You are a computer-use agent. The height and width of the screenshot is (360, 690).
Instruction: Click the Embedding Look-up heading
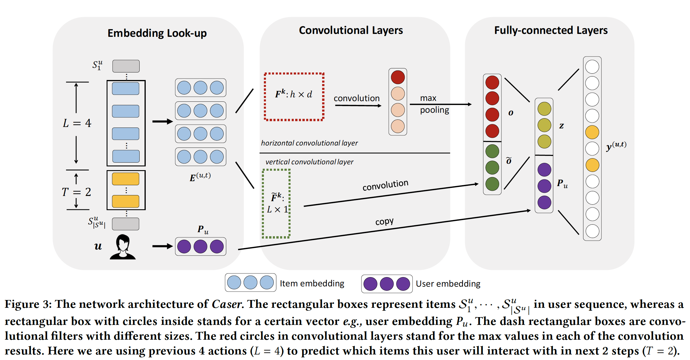click(157, 33)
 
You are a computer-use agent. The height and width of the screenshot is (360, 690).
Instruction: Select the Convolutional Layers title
click(351, 30)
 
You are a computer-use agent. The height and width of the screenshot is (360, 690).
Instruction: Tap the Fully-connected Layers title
click(551, 30)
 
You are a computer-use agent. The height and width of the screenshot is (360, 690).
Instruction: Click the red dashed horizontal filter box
click(294, 97)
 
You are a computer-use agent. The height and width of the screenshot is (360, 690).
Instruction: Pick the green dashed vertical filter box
click(276, 203)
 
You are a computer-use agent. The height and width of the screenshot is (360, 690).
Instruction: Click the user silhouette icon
click(123, 247)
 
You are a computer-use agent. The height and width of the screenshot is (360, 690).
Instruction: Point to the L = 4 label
click(77, 123)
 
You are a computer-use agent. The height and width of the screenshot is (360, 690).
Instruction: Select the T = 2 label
click(76, 192)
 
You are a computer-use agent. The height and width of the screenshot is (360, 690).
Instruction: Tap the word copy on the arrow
click(384, 221)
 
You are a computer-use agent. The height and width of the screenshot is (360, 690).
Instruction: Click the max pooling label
click(434, 104)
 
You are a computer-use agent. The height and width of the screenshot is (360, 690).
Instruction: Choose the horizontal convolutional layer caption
click(309, 143)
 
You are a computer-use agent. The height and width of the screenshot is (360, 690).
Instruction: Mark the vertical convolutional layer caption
click(309, 162)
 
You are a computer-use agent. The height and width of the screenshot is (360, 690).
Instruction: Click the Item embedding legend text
click(312, 283)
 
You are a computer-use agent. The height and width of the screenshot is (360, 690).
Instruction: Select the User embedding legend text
click(448, 283)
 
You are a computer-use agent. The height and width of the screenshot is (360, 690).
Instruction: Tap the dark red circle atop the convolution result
click(398, 77)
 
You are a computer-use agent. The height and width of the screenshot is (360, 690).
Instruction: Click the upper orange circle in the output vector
click(592, 132)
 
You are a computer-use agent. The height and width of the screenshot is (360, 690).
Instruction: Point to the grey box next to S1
click(126, 66)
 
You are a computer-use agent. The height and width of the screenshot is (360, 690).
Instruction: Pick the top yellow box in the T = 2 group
click(125, 179)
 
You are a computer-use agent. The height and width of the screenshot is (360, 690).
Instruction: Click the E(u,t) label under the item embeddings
click(200, 177)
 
